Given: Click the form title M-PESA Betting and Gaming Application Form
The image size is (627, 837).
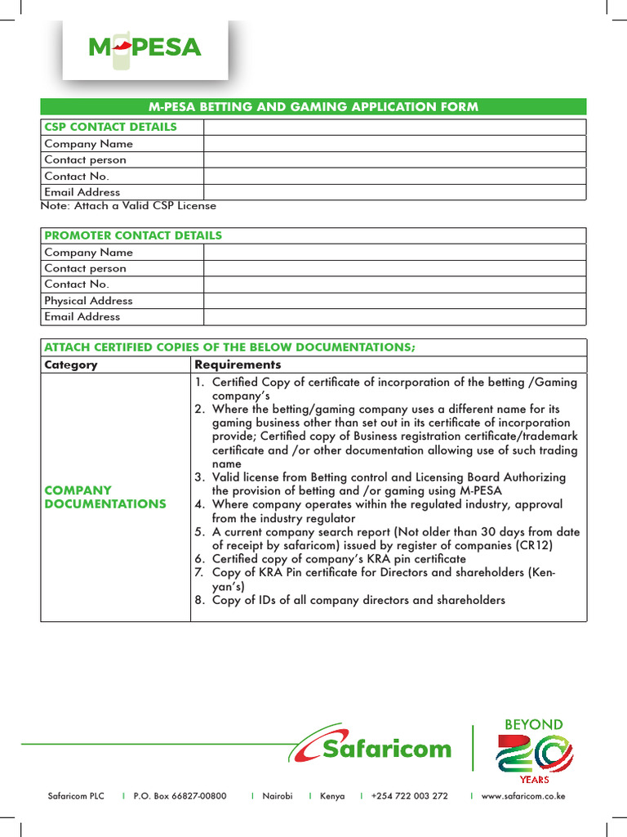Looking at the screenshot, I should click(x=313, y=107).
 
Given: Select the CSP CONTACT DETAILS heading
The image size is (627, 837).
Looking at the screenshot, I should click(x=110, y=127).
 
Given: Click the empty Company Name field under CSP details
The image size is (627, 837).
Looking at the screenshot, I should click(x=394, y=143).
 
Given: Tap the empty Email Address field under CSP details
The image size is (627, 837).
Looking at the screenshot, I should click(x=394, y=192).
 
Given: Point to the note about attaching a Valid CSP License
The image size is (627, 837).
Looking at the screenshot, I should click(x=128, y=206).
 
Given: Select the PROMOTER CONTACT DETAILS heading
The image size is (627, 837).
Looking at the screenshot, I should click(x=133, y=235).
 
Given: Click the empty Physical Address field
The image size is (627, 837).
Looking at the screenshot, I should click(x=394, y=300).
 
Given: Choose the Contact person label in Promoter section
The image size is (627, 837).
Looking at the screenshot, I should click(x=85, y=268).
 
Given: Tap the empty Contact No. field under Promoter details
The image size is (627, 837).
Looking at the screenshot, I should click(x=394, y=284).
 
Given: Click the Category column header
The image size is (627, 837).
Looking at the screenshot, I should click(x=71, y=365).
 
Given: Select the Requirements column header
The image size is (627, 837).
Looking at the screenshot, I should click(x=238, y=365).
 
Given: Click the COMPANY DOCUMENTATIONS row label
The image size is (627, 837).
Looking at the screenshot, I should click(x=104, y=497).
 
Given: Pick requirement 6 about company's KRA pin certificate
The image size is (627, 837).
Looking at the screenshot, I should click(x=339, y=559).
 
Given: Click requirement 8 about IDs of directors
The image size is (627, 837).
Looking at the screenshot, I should click(x=358, y=600).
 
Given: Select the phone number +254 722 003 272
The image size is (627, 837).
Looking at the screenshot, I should click(x=409, y=796).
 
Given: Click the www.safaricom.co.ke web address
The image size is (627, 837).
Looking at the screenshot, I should click(x=524, y=796).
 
